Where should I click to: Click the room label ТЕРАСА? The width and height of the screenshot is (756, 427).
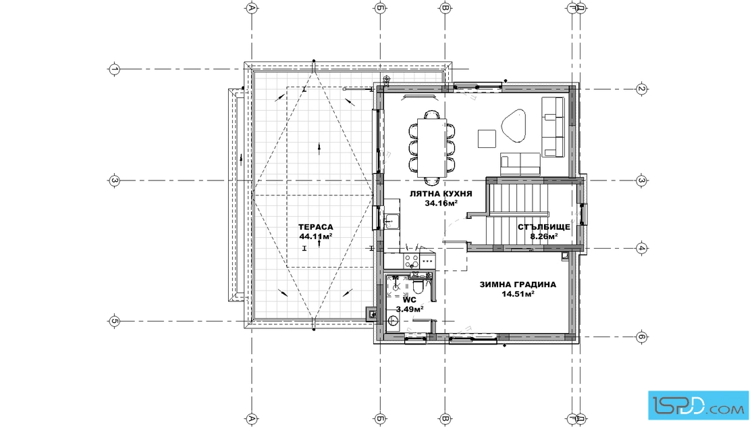315,227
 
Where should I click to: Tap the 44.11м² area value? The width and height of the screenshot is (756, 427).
315,236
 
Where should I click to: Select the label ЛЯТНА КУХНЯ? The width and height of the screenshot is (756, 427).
441,194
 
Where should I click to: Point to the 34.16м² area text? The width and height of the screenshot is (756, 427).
441,203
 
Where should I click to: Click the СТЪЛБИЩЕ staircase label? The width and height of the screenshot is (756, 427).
544,227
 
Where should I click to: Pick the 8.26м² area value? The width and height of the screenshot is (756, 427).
544,236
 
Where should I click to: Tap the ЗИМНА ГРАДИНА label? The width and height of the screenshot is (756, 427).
518,284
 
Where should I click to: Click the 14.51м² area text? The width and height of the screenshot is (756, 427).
518,294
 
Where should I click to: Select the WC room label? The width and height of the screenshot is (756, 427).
409,299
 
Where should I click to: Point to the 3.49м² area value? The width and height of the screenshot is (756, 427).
409,309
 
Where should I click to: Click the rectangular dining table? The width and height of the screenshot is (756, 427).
431,148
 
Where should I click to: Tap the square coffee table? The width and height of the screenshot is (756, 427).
487,139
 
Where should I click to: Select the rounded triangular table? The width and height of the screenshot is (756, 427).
514,125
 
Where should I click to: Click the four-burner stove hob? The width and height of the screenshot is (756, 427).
411,261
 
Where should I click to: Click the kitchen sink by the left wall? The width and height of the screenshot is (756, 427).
391,221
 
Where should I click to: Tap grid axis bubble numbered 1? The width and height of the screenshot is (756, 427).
114,69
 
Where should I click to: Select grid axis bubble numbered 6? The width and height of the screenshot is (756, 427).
641,336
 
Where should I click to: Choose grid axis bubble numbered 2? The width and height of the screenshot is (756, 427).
641,89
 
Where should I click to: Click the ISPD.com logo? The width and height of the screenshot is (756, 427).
698,405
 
